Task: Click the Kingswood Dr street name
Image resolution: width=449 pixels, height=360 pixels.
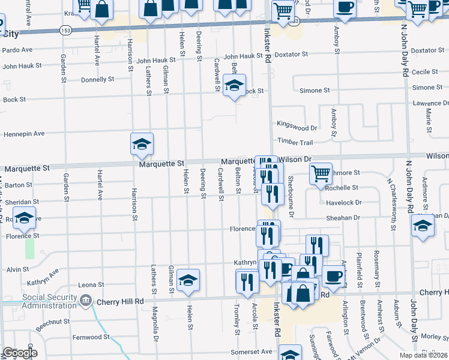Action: [x=297, y=128]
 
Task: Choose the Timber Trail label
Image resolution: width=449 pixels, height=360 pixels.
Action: [x=295, y=142]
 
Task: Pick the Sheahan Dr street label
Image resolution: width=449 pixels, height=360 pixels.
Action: [x=343, y=218]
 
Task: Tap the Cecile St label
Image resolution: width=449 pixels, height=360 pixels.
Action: [x=424, y=72]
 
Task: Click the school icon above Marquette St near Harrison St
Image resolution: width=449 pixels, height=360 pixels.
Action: [x=142, y=144]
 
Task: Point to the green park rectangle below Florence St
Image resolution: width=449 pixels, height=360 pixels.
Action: [x=29, y=248]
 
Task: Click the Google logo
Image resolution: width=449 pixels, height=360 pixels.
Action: [x=20, y=353]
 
